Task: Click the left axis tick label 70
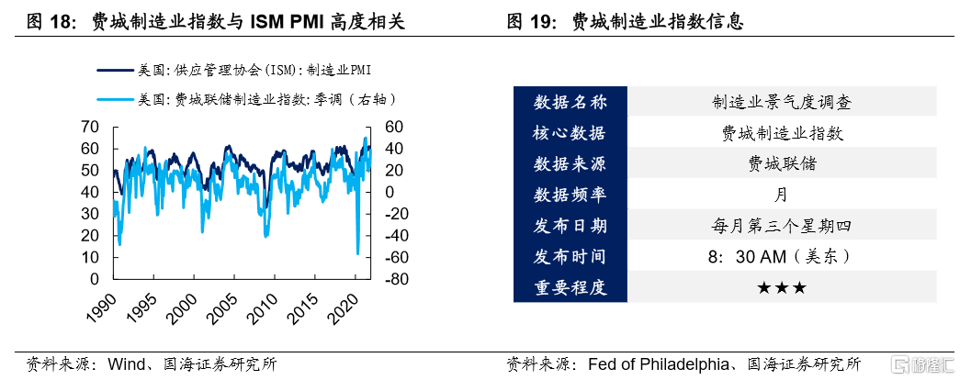[89, 127]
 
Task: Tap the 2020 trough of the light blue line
[357, 252]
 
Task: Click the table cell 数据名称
[570, 102]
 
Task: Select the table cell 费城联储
[782, 164]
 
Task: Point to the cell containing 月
[782, 196]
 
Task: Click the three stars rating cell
[782, 288]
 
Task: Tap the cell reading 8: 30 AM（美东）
[782, 257]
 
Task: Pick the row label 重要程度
[570, 288]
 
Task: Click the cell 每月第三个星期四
[782, 226]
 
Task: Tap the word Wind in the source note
[128, 364]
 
